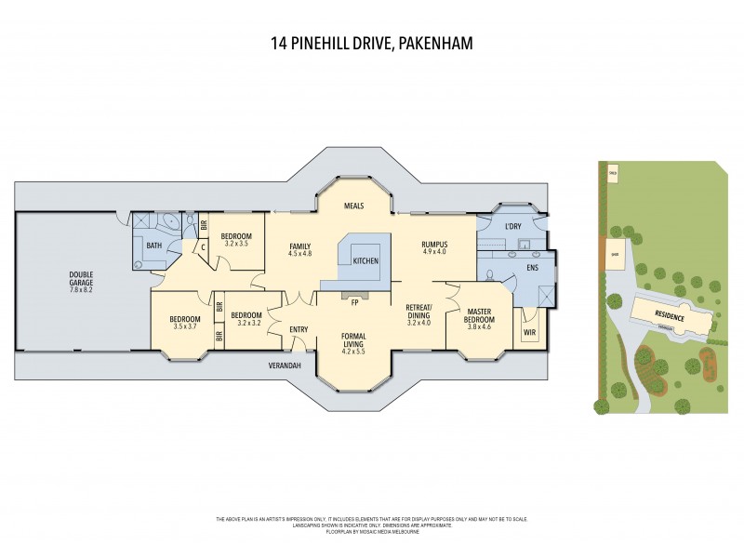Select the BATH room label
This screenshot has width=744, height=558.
coord(153,246)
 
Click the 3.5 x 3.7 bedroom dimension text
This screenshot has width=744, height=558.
coord(185,326)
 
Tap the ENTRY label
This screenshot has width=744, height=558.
coord(299,329)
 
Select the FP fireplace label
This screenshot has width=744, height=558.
coord(354,300)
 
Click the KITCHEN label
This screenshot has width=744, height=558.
coord(365,261)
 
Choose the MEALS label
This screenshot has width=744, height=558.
coord(352,206)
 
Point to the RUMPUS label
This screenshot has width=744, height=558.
coord(435,244)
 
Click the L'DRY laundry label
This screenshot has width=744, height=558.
coord(512,227)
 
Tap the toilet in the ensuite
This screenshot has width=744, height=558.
coord(490,275)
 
